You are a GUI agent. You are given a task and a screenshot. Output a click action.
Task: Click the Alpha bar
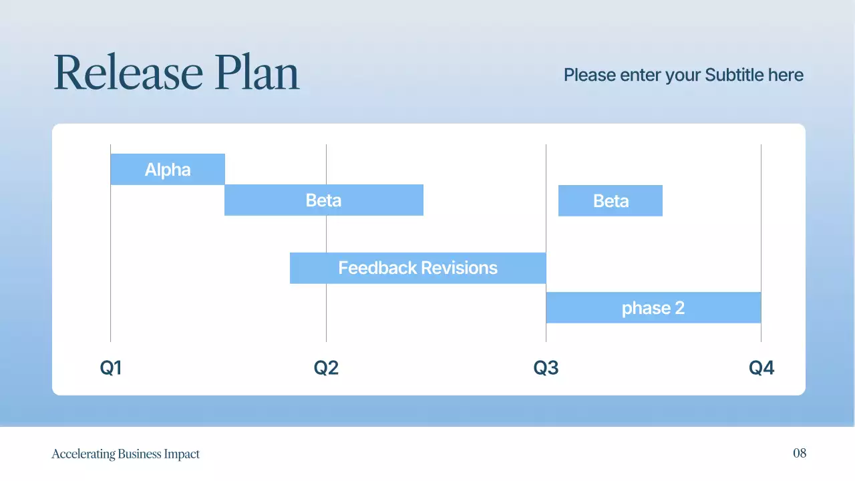point(168,170)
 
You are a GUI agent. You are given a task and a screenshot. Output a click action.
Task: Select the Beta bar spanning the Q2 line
point(323,200)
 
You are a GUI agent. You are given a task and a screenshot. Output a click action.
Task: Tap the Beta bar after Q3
point(611,201)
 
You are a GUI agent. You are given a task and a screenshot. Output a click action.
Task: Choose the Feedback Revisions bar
point(417,268)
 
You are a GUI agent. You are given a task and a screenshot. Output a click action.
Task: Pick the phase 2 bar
point(653,308)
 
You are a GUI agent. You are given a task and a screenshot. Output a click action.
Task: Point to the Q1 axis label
point(111,368)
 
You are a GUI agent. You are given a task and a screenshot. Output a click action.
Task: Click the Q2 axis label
point(326,368)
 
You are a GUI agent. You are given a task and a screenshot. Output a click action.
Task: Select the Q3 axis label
point(546,368)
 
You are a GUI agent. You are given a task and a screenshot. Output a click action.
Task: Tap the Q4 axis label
point(761,368)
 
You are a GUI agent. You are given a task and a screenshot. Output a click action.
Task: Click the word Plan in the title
point(257,73)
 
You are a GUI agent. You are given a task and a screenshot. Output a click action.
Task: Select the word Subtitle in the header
point(735,75)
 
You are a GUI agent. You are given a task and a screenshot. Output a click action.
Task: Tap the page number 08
point(800,454)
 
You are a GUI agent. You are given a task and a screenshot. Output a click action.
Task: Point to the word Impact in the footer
point(182,454)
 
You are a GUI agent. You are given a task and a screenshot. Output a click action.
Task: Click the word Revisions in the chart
point(460,268)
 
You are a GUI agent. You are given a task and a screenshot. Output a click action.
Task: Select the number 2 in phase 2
point(679,308)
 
